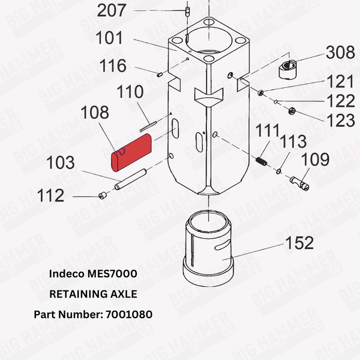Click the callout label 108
click(x=94, y=112)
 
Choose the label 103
click(x=61, y=163)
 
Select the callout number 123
click(x=340, y=119)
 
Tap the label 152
click(x=298, y=242)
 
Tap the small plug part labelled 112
click(x=103, y=195)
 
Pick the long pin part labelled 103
click(x=131, y=181)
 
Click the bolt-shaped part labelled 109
click(x=300, y=181)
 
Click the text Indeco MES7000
click(x=93, y=274)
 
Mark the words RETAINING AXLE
click(x=93, y=294)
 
